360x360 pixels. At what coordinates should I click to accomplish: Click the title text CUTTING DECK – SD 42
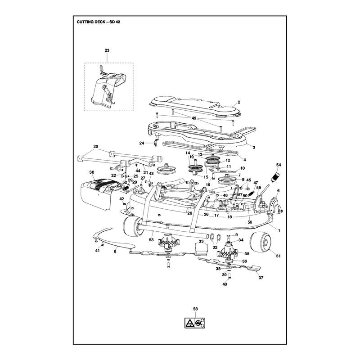point(98,22)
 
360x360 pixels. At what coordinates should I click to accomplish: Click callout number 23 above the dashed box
point(107,50)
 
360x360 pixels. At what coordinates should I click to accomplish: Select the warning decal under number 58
point(195,323)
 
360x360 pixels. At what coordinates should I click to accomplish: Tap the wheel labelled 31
point(261,244)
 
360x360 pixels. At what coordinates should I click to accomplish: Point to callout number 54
point(279,165)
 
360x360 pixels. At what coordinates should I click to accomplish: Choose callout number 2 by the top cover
point(239,102)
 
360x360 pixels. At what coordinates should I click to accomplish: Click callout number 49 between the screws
point(194,118)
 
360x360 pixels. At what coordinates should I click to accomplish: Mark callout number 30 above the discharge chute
point(92,172)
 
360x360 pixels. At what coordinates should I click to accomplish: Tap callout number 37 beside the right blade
point(261,278)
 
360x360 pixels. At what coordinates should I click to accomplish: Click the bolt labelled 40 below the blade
point(229,275)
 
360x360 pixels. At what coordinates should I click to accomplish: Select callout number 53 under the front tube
point(151,240)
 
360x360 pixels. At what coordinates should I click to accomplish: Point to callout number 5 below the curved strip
point(115,252)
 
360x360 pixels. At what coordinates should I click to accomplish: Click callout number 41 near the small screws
point(97,251)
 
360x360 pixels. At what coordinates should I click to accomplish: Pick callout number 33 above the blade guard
point(201,241)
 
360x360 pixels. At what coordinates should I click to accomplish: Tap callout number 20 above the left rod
point(96,147)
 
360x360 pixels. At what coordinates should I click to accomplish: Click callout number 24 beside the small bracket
point(142,143)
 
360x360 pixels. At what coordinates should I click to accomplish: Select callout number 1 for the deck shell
point(279,230)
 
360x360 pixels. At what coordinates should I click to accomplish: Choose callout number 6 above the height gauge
point(279,190)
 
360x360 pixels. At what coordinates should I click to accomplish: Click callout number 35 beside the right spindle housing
point(247,254)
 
